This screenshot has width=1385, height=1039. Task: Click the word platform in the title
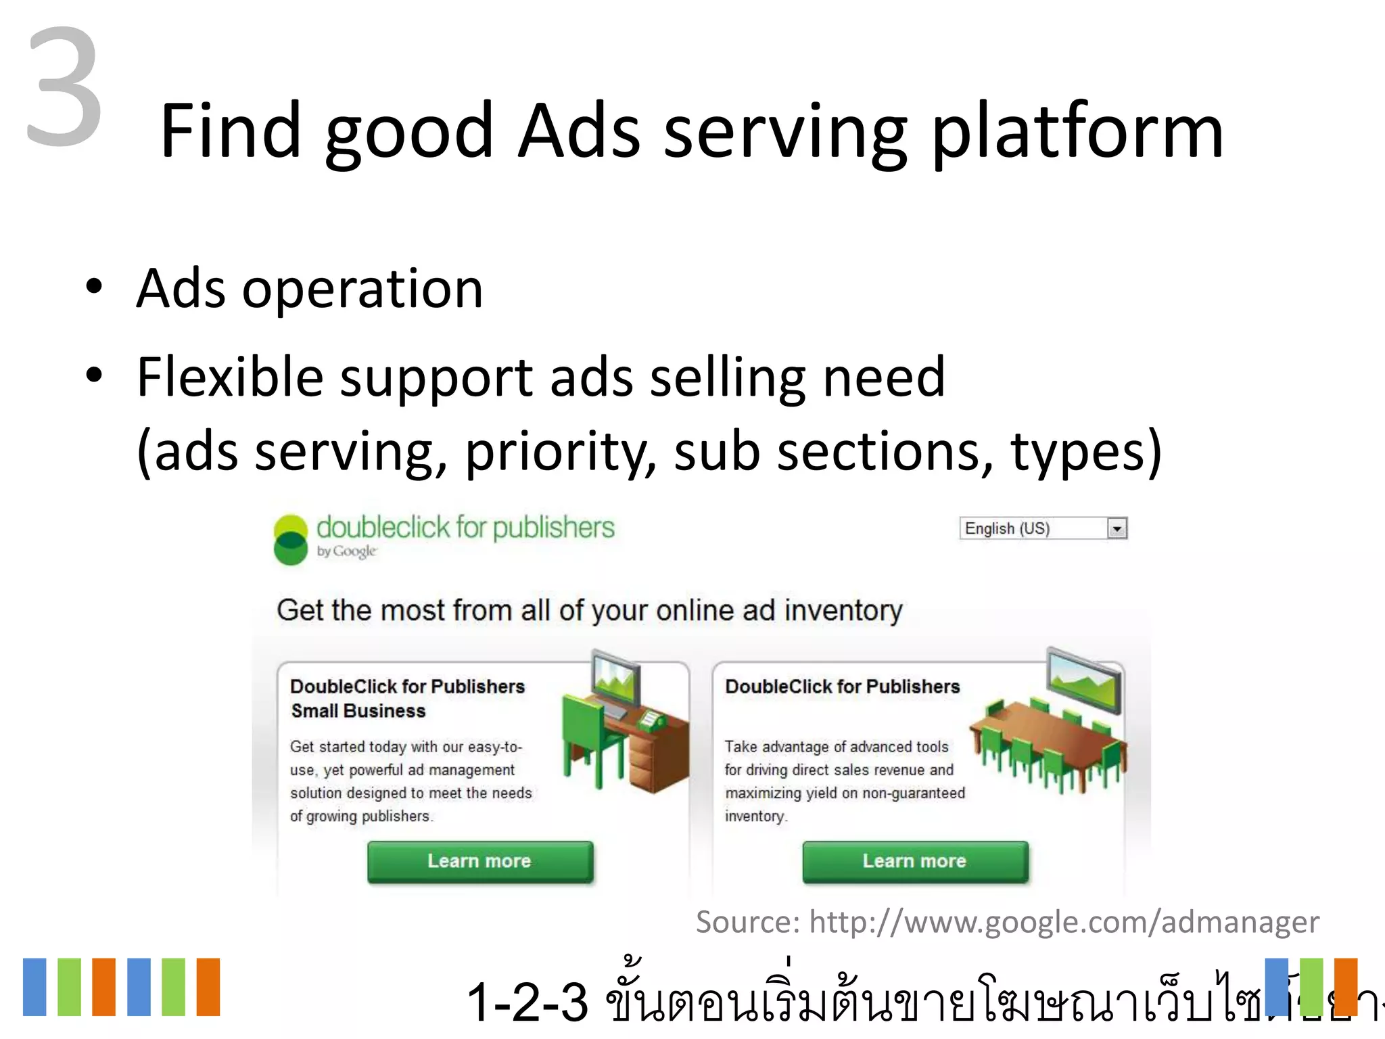click(1077, 132)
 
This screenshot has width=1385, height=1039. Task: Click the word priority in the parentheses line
click(560, 451)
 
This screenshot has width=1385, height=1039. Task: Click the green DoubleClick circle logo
click(291, 540)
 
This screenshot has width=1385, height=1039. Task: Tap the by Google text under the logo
click(346, 551)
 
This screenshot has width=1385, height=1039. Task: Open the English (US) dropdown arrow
click(1117, 528)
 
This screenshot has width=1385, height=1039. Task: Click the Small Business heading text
click(358, 711)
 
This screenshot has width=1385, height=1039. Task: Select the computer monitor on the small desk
click(616, 680)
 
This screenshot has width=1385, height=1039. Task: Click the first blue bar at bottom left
click(34, 987)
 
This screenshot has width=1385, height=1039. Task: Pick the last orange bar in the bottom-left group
click(208, 987)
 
